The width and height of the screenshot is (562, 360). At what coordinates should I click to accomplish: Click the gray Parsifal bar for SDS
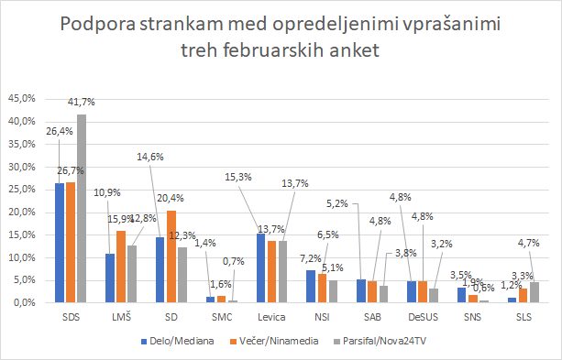click(x=82, y=209)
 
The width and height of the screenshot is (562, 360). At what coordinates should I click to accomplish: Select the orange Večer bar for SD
click(x=171, y=256)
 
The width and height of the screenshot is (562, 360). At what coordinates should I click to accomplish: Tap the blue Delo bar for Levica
click(x=261, y=268)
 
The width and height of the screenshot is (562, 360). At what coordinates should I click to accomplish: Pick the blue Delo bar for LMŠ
click(x=110, y=278)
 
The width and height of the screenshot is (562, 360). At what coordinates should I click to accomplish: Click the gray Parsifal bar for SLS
click(x=534, y=292)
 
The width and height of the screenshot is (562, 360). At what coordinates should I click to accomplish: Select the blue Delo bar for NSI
click(x=311, y=286)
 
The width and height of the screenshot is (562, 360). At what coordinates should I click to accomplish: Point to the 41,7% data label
click(x=82, y=102)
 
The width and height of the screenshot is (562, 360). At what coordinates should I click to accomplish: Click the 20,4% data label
click(x=171, y=198)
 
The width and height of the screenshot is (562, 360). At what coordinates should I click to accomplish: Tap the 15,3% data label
click(x=238, y=177)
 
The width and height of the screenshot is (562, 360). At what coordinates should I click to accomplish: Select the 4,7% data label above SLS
click(x=528, y=243)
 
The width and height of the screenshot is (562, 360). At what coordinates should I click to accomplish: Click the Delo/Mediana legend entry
click(x=178, y=341)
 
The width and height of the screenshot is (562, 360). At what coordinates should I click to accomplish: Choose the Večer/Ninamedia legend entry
click(x=274, y=341)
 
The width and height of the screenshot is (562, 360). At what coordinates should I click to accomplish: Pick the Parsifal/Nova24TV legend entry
click(x=380, y=341)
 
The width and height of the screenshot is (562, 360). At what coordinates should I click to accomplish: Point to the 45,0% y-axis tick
click(x=22, y=99)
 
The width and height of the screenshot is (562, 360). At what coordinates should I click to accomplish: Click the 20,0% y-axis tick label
click(x=22, y=212)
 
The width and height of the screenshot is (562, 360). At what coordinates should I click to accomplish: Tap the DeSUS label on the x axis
click(x=423, y=317)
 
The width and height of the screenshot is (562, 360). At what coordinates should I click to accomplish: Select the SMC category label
click(x=222, y=317)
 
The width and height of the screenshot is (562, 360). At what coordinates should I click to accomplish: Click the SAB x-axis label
click(x=373, y=317)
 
